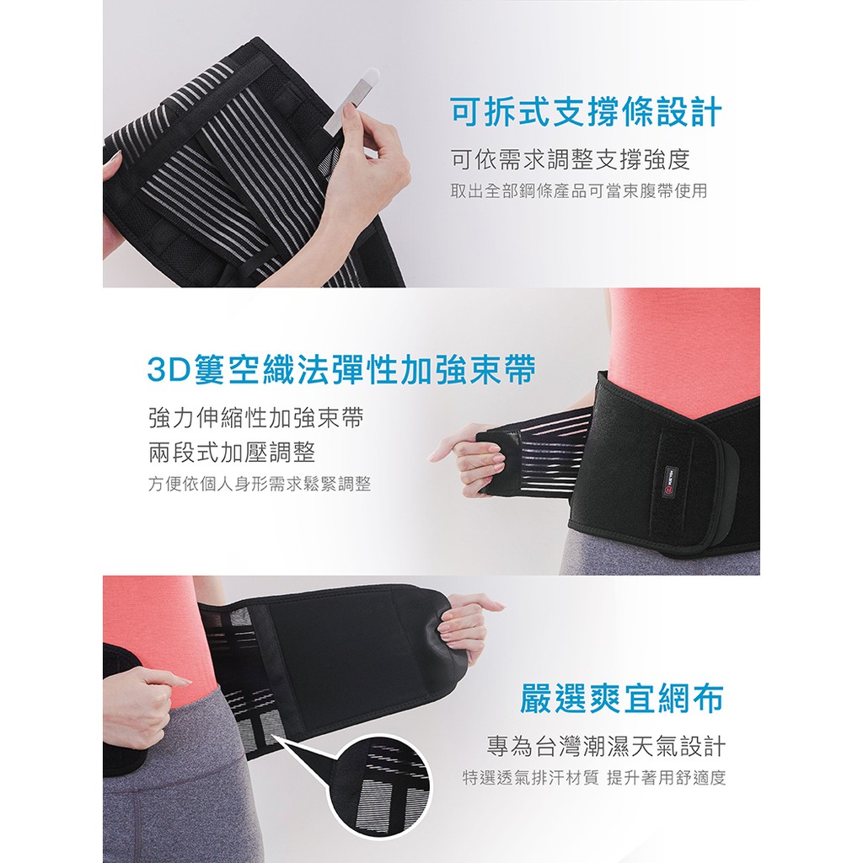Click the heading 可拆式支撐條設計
587,112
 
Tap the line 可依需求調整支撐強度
571,159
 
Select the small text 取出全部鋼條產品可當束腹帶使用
579,191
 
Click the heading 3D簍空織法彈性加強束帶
341,369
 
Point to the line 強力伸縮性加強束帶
256,418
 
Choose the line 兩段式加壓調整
232,453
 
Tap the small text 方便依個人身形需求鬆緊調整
260,485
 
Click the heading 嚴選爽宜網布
622,699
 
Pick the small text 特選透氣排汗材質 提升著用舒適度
594,778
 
